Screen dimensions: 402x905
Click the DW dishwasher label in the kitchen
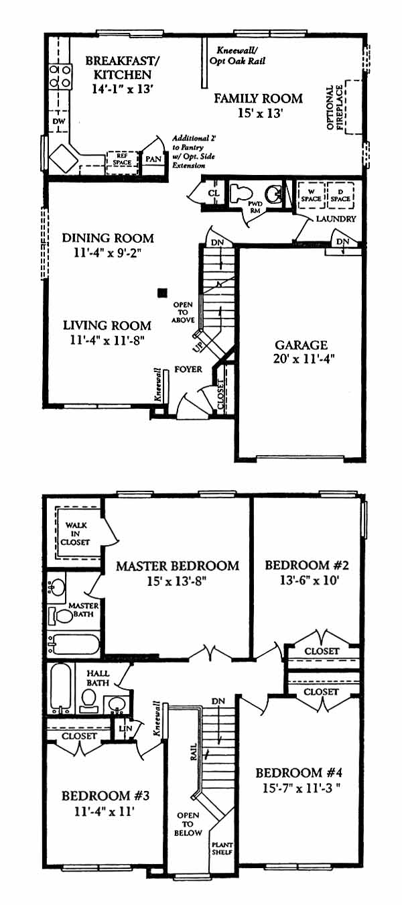click(x=58, y=121)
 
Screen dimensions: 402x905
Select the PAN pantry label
click(x=153, y=159)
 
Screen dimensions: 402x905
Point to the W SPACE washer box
click(x=311, y=195)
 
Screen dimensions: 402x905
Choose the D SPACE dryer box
click(x=340, y=195)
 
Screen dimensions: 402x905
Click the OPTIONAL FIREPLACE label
click(x=334, y=107)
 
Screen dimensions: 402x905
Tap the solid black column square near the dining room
click(x=162, y=292)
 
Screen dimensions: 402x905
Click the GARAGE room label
click(x=301, y=345)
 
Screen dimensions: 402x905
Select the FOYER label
click(x=188, y=369)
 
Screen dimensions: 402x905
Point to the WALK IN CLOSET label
click(x=76, y=534)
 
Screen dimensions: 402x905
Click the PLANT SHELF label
click(x=222, y=837)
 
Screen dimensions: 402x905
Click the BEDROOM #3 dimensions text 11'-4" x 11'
click(x=104, y=811)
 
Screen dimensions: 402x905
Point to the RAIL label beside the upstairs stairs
click(x=194, y=751)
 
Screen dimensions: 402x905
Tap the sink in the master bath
click(x=56, y=586)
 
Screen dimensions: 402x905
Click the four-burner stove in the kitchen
click(x=60, y=77)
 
